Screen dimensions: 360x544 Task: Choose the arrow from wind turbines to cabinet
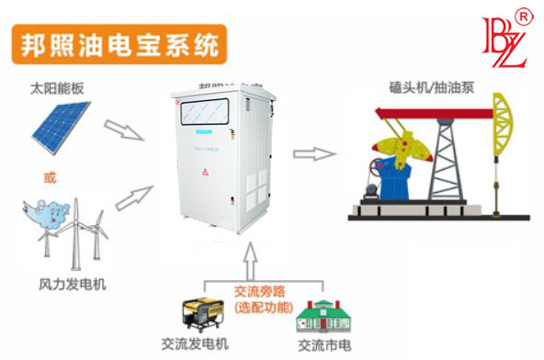tap(131, 195)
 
